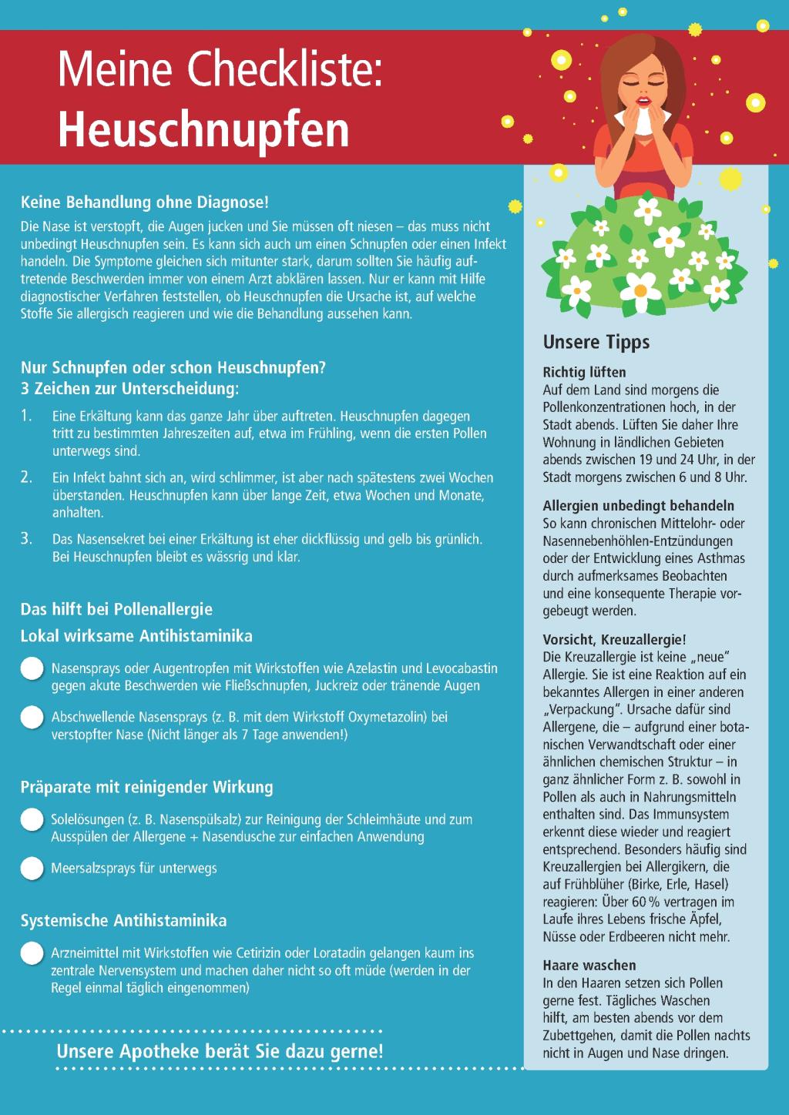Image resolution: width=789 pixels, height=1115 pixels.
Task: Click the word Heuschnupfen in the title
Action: (203, 129)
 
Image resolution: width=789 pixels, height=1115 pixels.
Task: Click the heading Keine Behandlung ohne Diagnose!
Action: (145, 203)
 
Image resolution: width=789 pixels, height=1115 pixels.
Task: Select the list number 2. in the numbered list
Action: (26, 477)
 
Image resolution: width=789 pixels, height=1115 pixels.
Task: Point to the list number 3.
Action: (26, 538)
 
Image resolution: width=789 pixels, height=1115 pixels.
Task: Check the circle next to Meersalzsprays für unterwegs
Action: (32, 869)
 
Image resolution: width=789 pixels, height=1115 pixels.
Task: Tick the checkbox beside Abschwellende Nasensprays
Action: (32, 717)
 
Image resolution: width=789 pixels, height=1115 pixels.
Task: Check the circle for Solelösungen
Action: (32, 819)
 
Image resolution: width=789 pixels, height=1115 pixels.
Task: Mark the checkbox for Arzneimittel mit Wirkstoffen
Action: (32, 953)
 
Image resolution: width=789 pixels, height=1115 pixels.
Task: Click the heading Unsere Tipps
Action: (596, 342)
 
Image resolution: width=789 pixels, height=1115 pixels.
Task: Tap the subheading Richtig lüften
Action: (584, 373)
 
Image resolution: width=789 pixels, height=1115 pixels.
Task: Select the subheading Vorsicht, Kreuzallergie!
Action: (614, 639)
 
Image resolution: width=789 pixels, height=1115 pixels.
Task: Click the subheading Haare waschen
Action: (589, 965)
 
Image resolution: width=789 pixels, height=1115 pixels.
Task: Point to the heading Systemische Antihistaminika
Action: (123, 920)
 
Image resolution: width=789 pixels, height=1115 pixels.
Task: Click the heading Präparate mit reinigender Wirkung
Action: (146, 787)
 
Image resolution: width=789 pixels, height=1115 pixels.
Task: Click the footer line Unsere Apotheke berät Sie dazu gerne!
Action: (220, 1051)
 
